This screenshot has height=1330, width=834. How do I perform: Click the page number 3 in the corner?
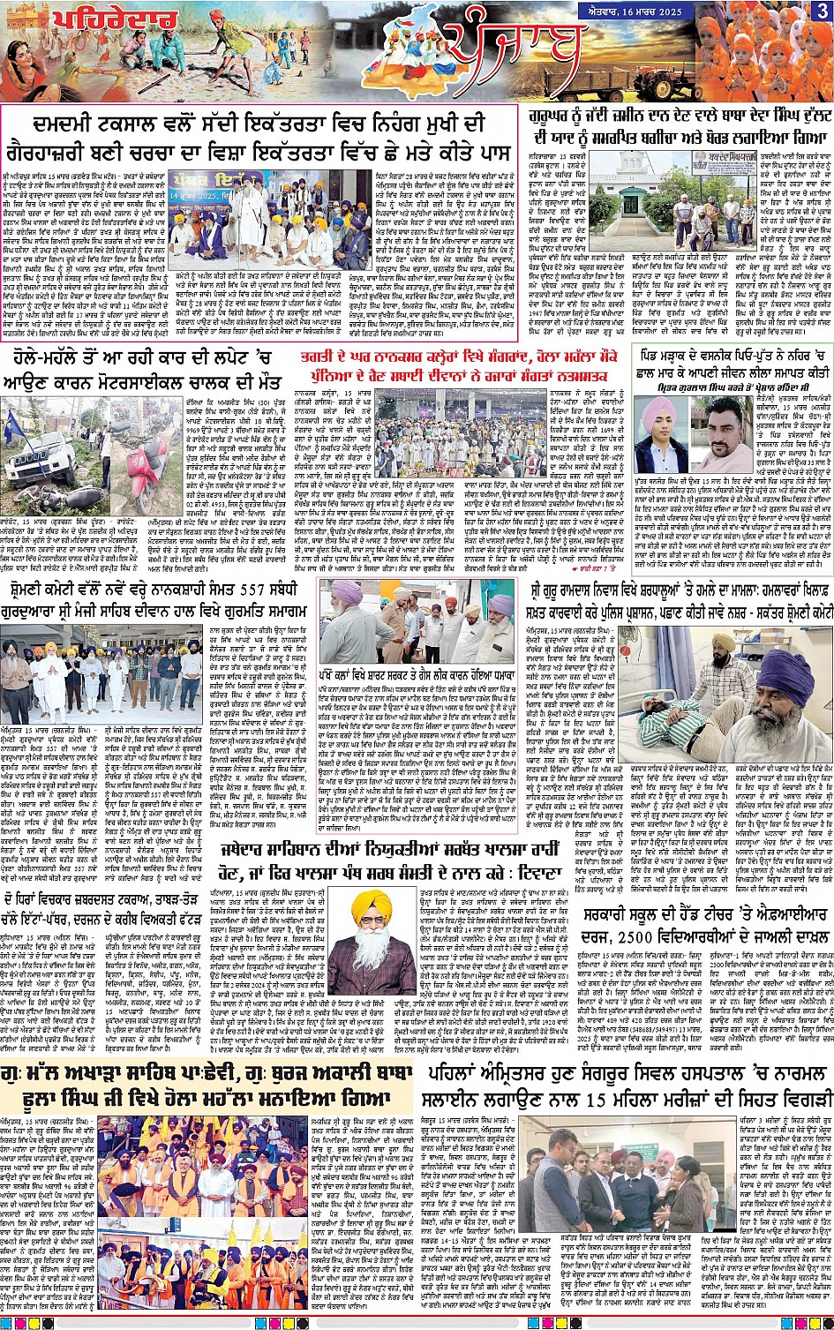point(822,11)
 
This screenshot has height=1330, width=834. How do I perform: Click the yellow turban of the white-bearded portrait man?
point(371,905)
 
